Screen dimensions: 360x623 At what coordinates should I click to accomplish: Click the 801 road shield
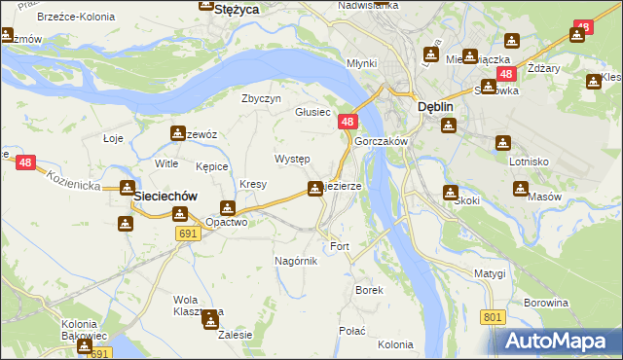click(493, 317)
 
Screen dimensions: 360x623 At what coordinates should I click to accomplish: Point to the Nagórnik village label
click(296, 261)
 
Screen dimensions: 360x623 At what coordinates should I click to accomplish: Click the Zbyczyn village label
click(261, 98)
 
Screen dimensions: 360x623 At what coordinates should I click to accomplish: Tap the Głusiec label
click(315, 112)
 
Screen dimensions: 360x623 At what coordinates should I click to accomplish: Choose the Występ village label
click(292, 159)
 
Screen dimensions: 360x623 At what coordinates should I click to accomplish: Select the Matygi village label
click(491, 273)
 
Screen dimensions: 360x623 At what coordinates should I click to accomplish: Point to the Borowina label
click(545, 303)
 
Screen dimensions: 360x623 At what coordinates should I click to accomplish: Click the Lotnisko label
click(531, 162)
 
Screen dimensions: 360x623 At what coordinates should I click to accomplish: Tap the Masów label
click(545, 197)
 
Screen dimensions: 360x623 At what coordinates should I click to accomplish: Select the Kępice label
click(211, 167)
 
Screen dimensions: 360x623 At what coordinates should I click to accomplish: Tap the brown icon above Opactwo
click(227, 207)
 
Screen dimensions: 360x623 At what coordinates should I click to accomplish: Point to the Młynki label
click(362, 63)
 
